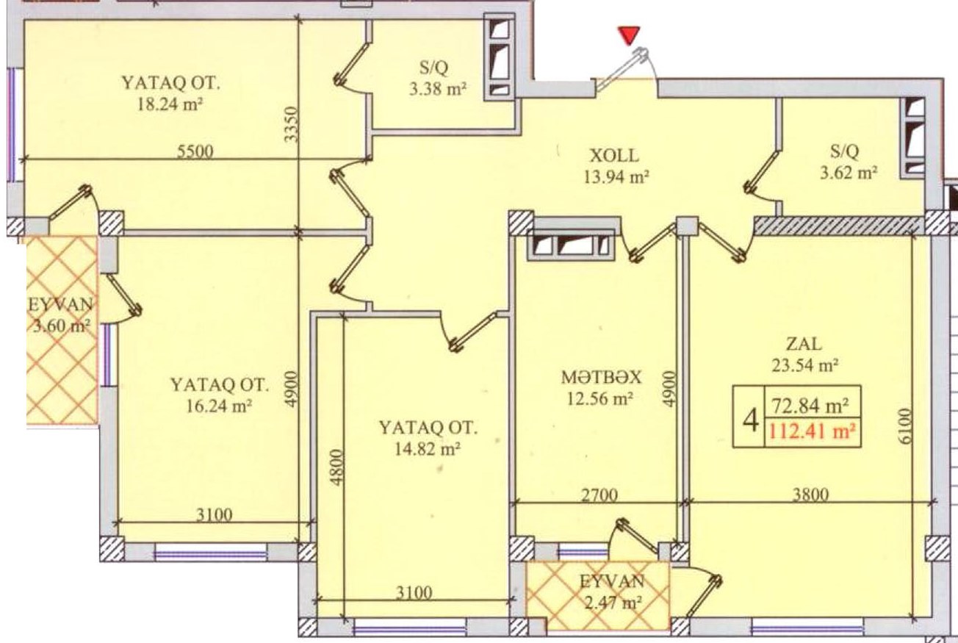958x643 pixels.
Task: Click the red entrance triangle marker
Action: [629, 35]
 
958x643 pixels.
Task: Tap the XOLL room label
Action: [614, 156]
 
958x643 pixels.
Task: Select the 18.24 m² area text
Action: [170, 104]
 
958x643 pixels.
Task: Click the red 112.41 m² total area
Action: [813, 431]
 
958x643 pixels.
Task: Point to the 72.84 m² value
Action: [810, 406]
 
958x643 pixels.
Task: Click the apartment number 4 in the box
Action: [751, 420]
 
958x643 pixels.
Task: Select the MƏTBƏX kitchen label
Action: [601, 377]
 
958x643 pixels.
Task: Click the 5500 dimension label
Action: [195, 151]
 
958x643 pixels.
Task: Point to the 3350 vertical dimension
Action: [291, 124]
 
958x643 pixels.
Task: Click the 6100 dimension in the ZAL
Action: [905, 426]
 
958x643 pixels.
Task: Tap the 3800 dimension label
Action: [810, 495]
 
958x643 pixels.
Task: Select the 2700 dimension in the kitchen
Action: [599, 495]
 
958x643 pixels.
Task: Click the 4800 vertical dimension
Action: [337, 467]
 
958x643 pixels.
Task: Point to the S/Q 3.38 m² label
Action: [437, 77]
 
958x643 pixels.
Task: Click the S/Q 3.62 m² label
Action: [849, 161]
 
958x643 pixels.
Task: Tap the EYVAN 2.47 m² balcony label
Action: [611, 592]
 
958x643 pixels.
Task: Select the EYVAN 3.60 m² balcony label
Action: [60, 315]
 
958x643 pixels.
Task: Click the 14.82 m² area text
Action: [427, 449]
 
